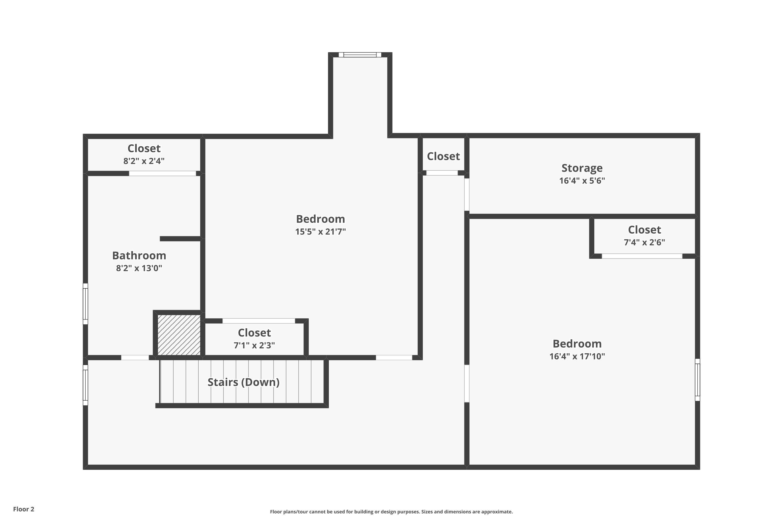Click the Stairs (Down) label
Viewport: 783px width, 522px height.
click(243, 382)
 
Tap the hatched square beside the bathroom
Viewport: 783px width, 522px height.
click(179, 335)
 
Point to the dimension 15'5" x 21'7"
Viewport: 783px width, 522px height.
click(320, 231)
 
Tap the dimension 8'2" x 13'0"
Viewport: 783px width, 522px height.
click(139, 268)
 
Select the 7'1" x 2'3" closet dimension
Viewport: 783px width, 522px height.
click(254, 345)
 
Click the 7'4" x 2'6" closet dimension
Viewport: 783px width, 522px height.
click(644, 242)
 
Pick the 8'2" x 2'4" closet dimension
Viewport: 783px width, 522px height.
click(144, 161)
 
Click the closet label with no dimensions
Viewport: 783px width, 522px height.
click(443, 156)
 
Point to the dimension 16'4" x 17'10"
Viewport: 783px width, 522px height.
click(577, 356)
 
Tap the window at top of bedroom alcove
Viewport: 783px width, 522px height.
click(360, 55)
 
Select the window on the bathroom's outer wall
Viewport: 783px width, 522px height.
click(86, 304)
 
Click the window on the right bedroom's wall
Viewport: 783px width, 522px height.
click(697, 379)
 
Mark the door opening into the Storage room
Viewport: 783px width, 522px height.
click(467, 194)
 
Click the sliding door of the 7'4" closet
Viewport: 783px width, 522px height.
click(642, 256)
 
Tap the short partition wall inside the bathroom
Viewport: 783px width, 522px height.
click(180, 239)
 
